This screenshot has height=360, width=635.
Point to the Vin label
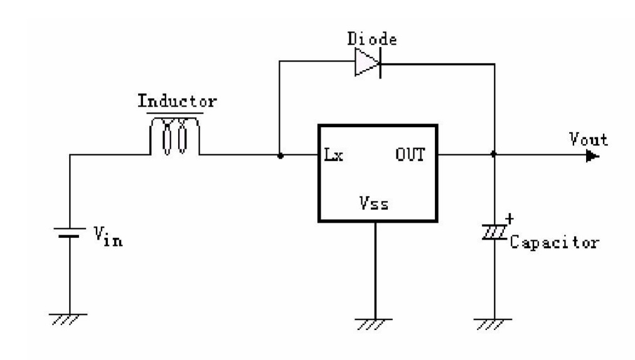[x=108, y=236]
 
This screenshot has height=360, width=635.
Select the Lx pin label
[x=334, y=154]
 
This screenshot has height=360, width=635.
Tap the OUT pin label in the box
[x=410, y=154]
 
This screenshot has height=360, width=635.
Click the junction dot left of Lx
[x=280, y=154]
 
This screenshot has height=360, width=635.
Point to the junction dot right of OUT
[x=494, y=154]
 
